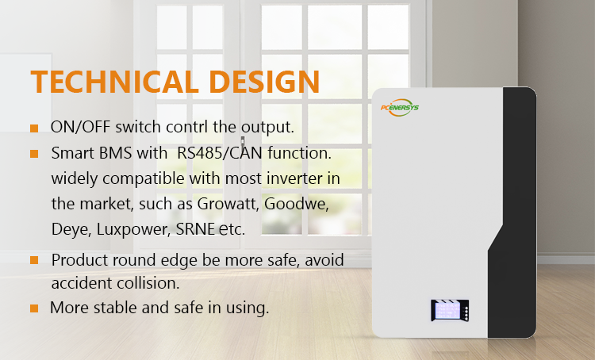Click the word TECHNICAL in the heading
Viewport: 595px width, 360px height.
pos(114,81)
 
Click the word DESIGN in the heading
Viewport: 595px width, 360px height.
pos(264,81)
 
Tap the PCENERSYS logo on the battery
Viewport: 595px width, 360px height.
pos(400,107)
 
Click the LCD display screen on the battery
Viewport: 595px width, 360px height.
pos(447,310)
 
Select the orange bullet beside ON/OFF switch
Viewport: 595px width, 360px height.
pos(34,128)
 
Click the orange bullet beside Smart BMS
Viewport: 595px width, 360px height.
pos(34,154)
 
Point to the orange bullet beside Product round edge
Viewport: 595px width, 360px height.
pos(34,260)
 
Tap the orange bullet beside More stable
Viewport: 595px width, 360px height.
pos(34,308)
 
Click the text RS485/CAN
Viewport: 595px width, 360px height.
pos(220,153)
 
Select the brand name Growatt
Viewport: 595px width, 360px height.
pos(228,204)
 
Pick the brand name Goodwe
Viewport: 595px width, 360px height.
pos(297,204)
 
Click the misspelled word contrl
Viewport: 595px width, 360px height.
pos(187,127)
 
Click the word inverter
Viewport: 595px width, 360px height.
pos(295,178)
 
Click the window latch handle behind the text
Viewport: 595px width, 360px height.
pos(243,140)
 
